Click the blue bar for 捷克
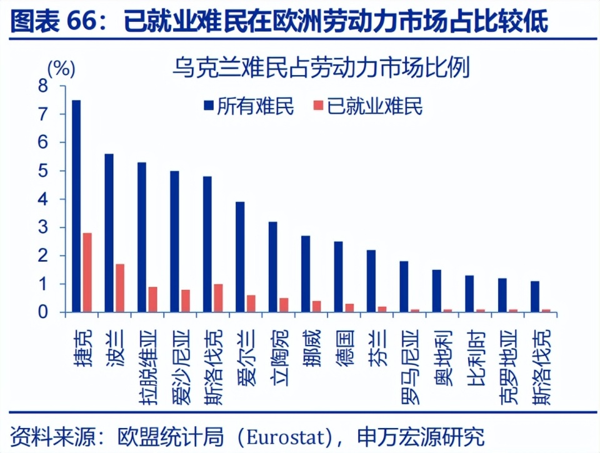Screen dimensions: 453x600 [x=76, y=206]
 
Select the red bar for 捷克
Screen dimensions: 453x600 [x=87, y=272]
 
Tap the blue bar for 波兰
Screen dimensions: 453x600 [x=109, y=232]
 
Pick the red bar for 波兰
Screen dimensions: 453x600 [x=120, y=287]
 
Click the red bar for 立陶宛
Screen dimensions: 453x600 [x=284, y=304]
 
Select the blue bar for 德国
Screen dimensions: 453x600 [x=338, y=276]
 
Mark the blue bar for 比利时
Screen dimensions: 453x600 [x=469, y=293]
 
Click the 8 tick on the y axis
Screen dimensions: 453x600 [x=43, y=86]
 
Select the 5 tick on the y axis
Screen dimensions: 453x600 [x=43, y=171]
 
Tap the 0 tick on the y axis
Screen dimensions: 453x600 [x=43, y=312]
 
